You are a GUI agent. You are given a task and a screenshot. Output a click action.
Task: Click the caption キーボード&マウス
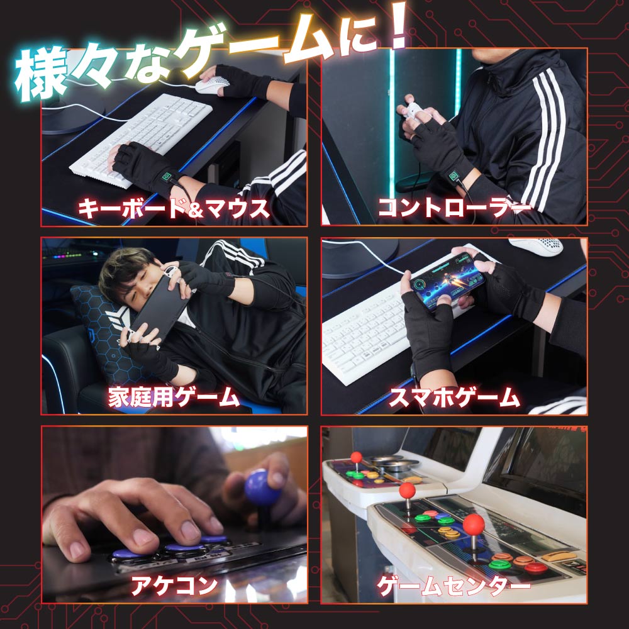[x=174, y=208]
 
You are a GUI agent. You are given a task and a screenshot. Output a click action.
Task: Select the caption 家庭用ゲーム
[x=174, y=397]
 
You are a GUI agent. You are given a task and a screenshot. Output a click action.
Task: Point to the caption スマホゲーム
[x=454, y=397]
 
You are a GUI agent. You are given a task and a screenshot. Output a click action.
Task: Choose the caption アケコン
[x=174, y=586]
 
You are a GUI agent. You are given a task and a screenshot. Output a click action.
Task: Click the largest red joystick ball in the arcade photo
[x=474, y=524]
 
